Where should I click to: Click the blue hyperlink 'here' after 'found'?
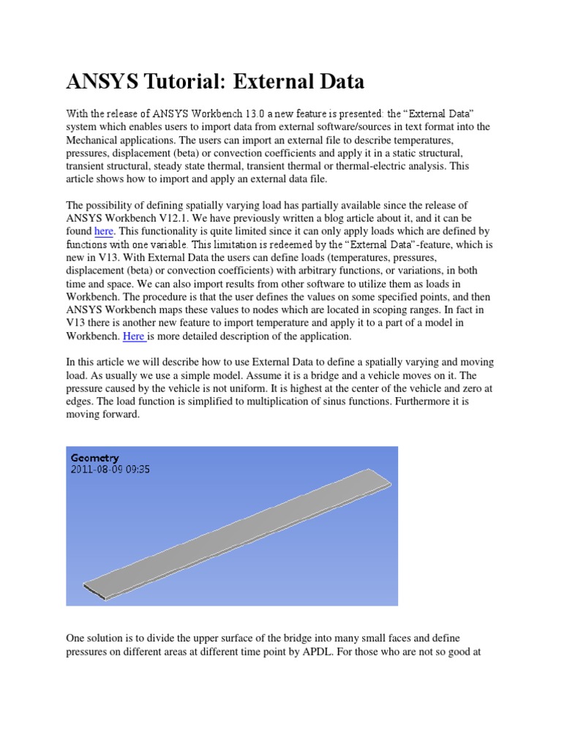click(104, 230)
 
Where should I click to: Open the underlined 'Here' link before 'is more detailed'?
click(134, 336)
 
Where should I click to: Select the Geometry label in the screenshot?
click(95, 457)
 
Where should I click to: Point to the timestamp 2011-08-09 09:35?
click(110, 470)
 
